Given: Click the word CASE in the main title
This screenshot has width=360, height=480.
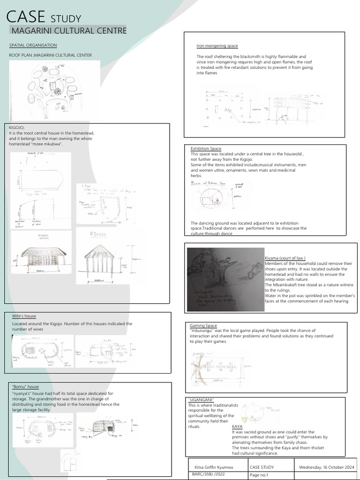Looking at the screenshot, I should click(x=26, y=17).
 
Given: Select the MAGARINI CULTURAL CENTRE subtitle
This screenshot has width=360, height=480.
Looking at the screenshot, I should click(x=68, y=31).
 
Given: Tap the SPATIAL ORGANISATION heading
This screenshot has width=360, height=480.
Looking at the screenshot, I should click(x=33, y=45).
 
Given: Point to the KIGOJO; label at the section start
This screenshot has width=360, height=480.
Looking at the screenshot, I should click(x=16, y=127).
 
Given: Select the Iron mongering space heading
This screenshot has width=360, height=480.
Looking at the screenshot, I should click(x=217, y=46).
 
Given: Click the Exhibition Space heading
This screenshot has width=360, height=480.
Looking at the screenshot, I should click(x=206, y=149).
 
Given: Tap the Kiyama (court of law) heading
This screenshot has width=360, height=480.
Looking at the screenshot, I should click(x=285, y=258).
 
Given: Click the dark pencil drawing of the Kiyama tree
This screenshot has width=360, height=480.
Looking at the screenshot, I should click(x=225, y=279).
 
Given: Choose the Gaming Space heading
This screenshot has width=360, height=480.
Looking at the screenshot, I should click(x=203, y=325).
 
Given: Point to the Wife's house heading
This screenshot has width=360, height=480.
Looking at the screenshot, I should click(x=24, y=316).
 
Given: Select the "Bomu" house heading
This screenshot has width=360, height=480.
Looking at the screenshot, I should click(x=25, y=387).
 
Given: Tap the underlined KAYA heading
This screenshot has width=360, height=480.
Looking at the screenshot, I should click(x=238, y=426).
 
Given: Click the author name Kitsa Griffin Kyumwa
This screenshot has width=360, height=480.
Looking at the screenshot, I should click(x=214, y=467).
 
